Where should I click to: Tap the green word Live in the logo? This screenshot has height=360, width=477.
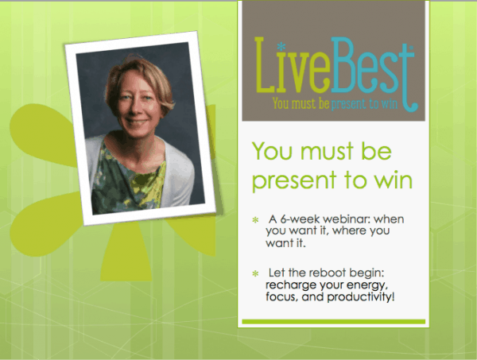click(293, 65)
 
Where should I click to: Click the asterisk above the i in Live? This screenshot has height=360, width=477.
click(281, 47)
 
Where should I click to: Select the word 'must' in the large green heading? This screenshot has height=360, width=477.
click(328, 152)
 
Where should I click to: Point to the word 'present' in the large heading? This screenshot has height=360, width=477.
click(294, 182)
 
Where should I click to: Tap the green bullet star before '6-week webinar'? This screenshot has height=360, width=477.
click(255, 220)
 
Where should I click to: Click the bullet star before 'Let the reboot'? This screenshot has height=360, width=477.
click(255, 273)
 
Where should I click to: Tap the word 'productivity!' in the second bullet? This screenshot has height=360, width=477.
click(361, 296)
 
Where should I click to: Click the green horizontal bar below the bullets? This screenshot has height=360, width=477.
click(333, 322)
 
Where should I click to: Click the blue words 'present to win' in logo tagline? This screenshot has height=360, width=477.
click(364, 104)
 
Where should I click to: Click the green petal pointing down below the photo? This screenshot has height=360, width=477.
click(126, 253)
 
